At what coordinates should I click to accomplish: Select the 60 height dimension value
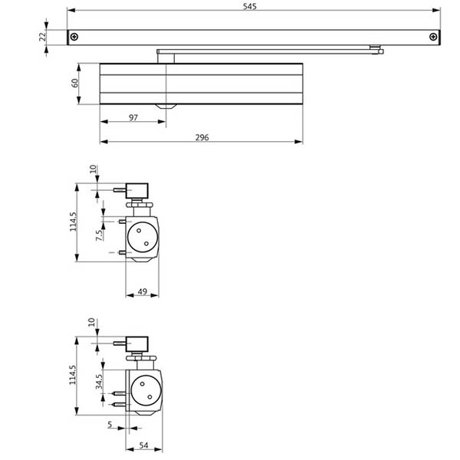(75, 82)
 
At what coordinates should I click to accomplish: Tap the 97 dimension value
(133, 117)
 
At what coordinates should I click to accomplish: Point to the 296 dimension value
(202, 137)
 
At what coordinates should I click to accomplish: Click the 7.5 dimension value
(99, 235)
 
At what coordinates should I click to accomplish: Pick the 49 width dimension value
(142, 291)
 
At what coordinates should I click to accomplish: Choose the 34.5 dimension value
(99, 381)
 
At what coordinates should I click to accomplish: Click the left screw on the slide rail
(74, 37)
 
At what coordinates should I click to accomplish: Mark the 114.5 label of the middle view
(74, 222)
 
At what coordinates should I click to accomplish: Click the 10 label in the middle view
(93, 169)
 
